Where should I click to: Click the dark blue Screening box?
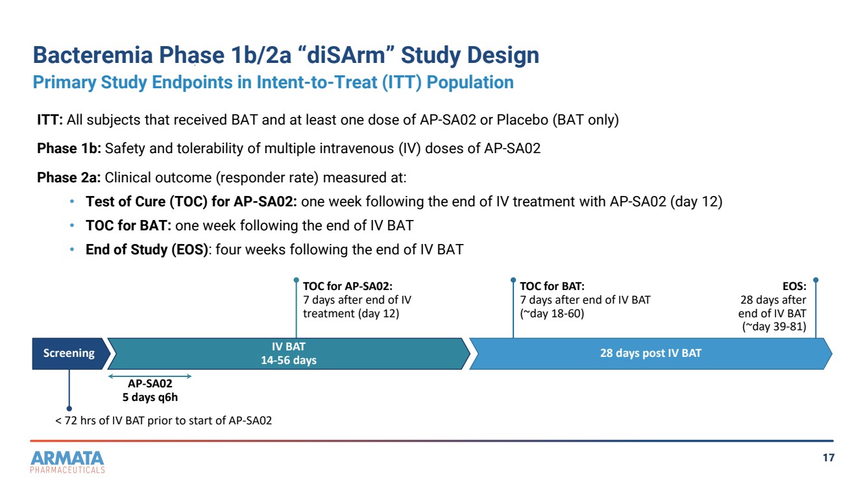69,354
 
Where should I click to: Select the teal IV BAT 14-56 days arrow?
289,354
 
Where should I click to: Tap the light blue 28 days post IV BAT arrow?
651,354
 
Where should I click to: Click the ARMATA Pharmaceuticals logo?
67,462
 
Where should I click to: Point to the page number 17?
828,458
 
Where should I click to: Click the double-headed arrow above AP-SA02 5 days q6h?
150,376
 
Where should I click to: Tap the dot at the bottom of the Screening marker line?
69,408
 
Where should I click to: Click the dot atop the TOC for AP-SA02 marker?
296,280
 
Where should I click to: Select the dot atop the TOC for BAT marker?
513,280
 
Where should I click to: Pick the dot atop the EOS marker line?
816,280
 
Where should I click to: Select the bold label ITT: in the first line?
50,120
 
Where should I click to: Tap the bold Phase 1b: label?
69,149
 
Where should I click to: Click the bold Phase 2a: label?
69,178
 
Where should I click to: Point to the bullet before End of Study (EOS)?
72,250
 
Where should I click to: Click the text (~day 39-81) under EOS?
774,326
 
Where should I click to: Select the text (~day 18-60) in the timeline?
552,313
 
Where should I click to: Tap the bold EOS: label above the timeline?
794,286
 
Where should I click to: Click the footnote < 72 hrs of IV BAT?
164,420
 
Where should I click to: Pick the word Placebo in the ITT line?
522,120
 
